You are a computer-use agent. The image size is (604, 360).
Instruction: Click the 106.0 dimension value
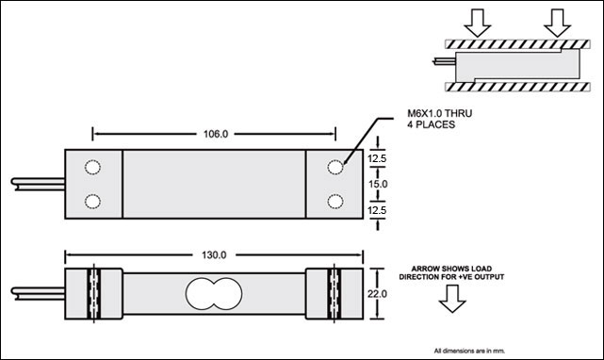pos(216,134)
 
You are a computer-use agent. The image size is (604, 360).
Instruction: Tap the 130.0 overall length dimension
pos(214,255)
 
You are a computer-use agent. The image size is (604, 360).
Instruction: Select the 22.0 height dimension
pos(377,294)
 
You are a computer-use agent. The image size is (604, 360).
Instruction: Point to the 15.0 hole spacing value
pos(378,184)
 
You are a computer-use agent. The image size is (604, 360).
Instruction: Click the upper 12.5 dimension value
pos(377,158)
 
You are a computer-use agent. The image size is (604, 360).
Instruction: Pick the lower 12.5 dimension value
pos(377,210)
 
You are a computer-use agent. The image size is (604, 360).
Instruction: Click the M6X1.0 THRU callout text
pos(439,113)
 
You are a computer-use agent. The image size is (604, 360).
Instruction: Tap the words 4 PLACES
pos(431,124)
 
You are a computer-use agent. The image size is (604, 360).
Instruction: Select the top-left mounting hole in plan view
pos(93,168)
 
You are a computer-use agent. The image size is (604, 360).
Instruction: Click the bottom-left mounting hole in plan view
pos(93,201)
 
